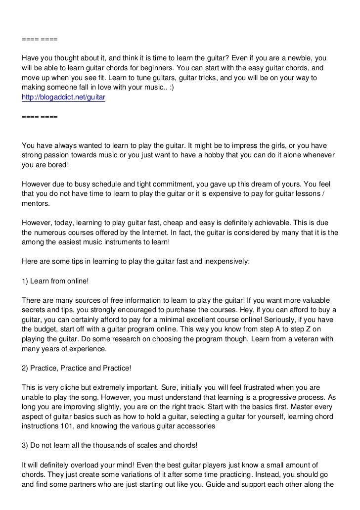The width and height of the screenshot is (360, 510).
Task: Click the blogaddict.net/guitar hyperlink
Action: click(x=64, y=98)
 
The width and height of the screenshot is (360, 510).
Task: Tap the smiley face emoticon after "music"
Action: click(x=180, y=88)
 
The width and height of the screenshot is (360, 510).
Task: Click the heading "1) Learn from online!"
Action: click(x=55, y=280)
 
